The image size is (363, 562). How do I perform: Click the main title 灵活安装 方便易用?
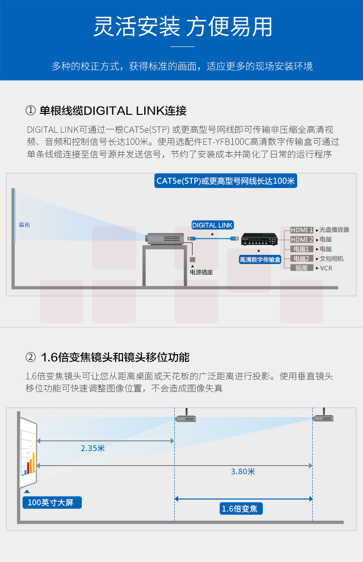tap(182, 27)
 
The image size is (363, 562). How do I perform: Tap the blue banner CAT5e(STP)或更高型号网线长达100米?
tap(226, 181)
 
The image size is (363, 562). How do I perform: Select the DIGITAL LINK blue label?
tap(212, 225)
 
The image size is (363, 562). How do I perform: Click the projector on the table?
tap(165, 238)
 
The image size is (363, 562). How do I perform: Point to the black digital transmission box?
tap(259, 239)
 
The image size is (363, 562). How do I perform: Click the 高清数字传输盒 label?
tap(260, 260)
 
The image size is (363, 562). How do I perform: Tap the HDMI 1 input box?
tap(302, 230)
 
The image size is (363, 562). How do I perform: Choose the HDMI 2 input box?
tap(302, 239)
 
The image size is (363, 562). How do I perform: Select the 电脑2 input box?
tap(302, 258)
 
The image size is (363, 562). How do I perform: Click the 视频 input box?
tap(302, 268)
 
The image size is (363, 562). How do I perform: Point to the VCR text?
tap(326, 268)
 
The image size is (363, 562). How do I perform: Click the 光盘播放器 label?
tap(334, 230)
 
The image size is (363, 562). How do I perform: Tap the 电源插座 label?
tap(201, 272)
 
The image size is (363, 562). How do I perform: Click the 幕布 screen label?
tap(24, 225)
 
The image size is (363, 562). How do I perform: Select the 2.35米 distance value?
tap(93, 448)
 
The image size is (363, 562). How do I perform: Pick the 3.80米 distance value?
tap(243, 472)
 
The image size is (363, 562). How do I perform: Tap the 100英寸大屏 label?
tap(52, 502)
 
